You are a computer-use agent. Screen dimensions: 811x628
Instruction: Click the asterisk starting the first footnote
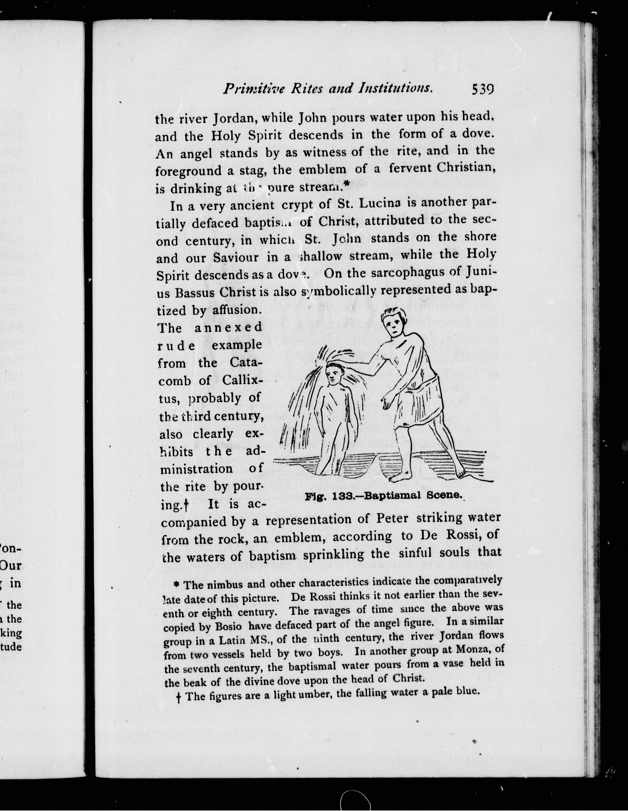click(177, 585)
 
